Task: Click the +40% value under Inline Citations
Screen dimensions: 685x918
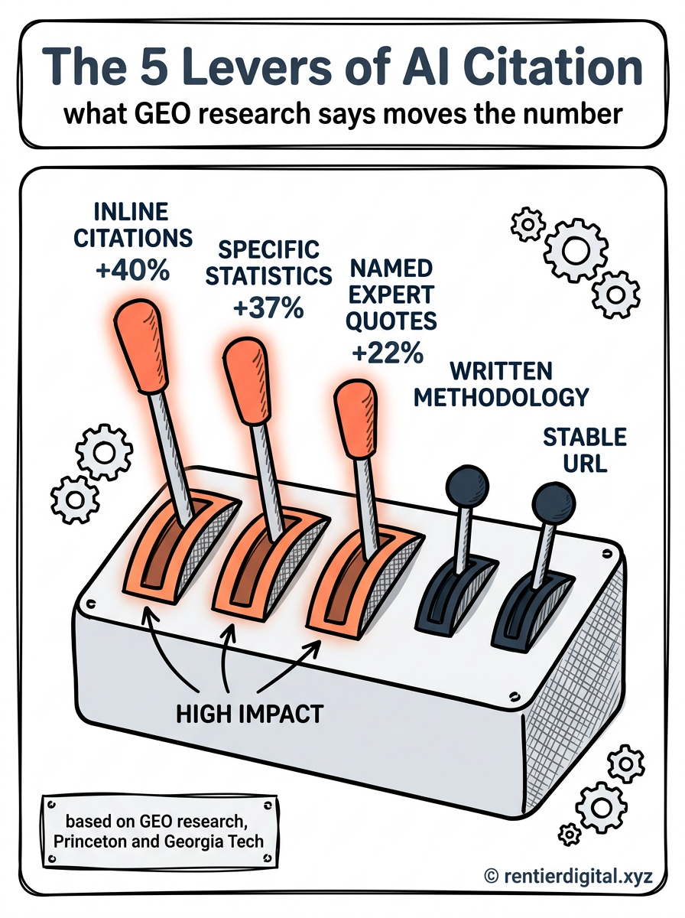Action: [133, 271]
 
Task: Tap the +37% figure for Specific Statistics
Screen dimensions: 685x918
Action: [268, 308]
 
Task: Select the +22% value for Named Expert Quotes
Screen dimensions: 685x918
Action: [388, 353]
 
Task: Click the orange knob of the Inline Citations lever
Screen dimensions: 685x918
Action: [141, 344]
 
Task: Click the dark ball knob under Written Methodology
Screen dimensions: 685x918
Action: [467, 487]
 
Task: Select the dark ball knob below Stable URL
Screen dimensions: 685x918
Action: [554, 503]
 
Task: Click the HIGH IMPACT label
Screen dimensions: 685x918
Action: [250, 714]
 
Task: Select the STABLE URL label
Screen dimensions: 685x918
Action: [585, 450]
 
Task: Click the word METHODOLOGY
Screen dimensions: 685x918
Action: [501, 397]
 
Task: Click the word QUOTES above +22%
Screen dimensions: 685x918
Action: [391, 321]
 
